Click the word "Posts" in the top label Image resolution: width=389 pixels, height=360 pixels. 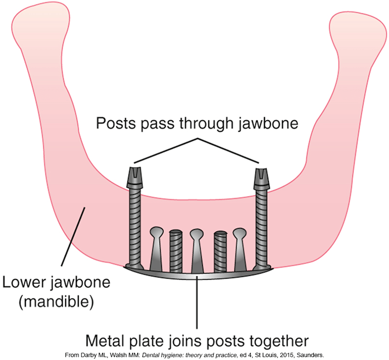point(116,123)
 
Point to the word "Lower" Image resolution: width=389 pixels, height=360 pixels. point(24,282)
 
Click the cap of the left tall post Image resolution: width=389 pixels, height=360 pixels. point(135,177)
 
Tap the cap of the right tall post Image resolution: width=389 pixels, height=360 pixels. point(262,178)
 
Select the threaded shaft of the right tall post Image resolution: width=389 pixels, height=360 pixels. point(262,227)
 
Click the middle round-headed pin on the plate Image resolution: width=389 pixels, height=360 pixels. point(197,250)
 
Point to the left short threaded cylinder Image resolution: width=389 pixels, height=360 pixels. point(176,251)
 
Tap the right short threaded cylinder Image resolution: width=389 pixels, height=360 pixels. point(220,251)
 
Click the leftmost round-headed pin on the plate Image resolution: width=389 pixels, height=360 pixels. point(157,249)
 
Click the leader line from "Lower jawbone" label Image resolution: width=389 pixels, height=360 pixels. point(73,236)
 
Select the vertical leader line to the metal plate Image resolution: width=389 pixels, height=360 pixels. point(197,302)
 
